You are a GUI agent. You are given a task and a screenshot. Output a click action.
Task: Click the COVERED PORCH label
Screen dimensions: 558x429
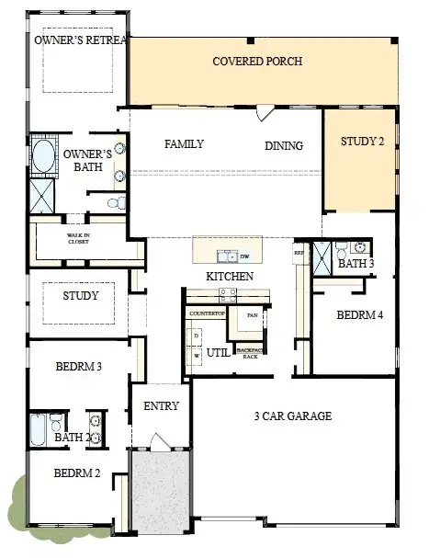coord(257,63)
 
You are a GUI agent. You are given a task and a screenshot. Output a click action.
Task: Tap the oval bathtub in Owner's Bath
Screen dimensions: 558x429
coord(42,156)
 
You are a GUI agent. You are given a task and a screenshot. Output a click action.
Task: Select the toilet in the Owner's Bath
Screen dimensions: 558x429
coord(114,202)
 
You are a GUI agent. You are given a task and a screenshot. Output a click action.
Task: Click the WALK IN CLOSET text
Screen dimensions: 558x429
coord(79,240)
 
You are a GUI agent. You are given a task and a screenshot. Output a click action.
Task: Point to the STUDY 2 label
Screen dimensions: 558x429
coord(363,142)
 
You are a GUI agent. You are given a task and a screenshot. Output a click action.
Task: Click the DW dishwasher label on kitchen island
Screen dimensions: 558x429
coord(245,256)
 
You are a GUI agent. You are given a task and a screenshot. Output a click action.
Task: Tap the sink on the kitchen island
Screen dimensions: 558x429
coord(224,256)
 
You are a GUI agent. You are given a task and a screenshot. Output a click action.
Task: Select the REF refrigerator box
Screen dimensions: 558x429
coord(299,252)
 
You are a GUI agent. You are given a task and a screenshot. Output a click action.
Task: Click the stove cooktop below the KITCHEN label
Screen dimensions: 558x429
coord(228,294)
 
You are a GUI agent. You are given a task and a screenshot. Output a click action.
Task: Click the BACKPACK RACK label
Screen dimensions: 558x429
coord(249,353)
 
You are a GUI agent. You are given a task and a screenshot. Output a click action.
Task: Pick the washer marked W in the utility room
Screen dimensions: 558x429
coord(196,354)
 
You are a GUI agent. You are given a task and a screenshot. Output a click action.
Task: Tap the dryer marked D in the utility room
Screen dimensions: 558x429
coord(196,336)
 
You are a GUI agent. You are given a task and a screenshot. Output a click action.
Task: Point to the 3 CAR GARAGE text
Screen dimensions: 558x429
coord(292,416)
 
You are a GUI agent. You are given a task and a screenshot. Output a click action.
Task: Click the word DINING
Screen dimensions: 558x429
coord(284,145)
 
